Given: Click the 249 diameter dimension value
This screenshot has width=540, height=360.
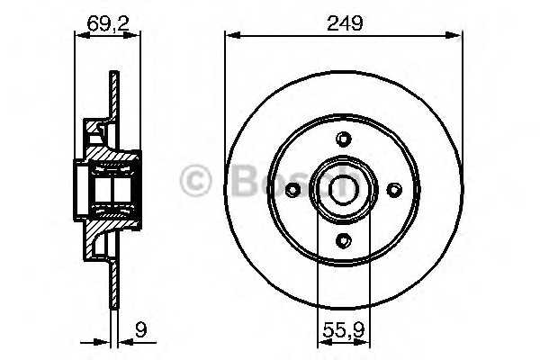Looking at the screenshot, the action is (345, 23).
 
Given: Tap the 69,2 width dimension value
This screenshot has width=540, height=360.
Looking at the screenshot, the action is (108, 23).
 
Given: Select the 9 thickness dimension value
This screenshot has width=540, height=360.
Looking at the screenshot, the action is (141, 330).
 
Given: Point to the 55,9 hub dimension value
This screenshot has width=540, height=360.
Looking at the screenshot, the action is (344, 330).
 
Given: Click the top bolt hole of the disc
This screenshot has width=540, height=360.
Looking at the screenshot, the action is (344, 139).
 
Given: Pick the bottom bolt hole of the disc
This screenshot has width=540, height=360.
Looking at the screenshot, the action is (344, 240).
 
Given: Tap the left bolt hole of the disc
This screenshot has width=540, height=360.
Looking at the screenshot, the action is (293, 190).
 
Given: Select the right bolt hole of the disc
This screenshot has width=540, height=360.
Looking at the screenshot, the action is (394, 190).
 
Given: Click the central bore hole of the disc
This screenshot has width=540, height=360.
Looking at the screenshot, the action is (344, 190).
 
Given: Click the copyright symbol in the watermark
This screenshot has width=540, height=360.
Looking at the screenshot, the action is (195, 181).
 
